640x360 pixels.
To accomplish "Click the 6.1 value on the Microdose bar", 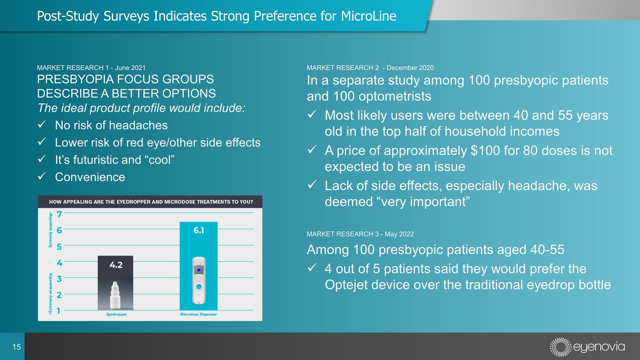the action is (x=198, y=230).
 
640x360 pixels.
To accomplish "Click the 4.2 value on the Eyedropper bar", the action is (x=116, y=265).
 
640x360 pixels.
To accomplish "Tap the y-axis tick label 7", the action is (x=59, y=214).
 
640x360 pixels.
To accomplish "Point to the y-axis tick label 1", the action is (x=58, y=311).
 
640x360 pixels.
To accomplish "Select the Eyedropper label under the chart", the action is (x=116, y=314).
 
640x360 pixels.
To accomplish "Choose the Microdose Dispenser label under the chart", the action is (x=198, y=314).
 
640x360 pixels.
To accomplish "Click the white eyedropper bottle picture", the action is (x=115, y=295).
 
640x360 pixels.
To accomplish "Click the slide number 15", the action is (x=17, y=347).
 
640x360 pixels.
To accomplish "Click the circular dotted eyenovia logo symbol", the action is (x=560, y=347).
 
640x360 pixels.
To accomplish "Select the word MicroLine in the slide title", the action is (x=369, y=16).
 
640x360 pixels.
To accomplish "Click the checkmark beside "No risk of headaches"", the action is (x=42, y=125).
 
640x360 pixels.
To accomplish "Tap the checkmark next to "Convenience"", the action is (x=42, y=176).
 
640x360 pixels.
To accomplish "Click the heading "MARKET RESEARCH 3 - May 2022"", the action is (x=360, y=234).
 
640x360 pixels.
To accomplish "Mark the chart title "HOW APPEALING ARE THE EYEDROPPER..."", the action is (x=151, y=202).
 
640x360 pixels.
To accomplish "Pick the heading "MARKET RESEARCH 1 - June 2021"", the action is (x=91, y=68).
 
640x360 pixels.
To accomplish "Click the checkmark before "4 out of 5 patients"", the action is (x=312, y=268).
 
